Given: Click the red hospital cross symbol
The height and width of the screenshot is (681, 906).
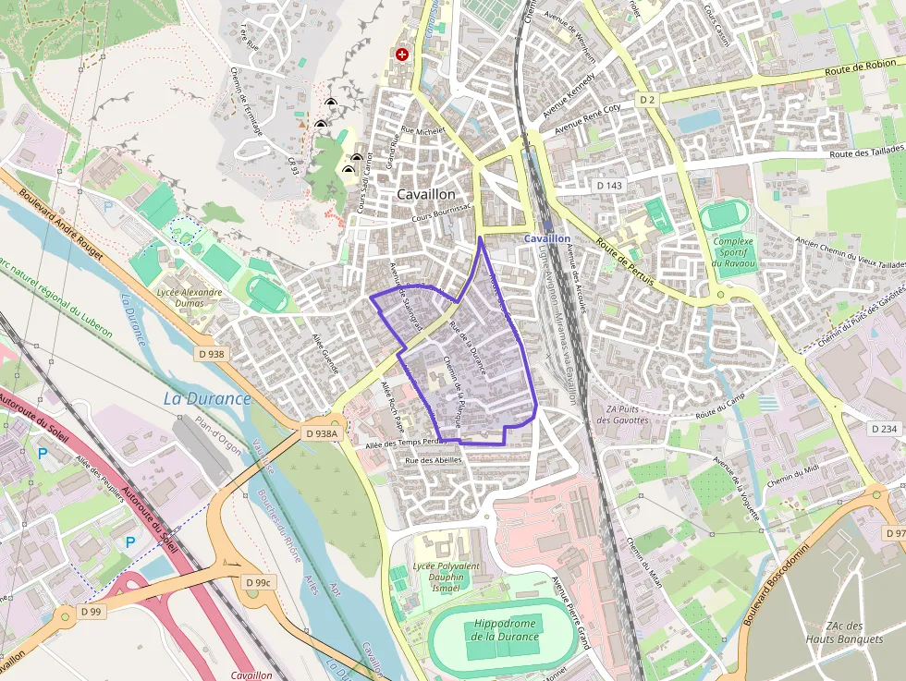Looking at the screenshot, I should [x=402, y=55].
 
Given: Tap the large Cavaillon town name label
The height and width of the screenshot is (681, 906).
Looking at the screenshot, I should [x=426, y=195].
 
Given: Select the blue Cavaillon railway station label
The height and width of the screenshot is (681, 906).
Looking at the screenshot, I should [x=547, y=238].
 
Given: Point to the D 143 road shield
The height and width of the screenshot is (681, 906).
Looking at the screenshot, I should [x=610, y=186].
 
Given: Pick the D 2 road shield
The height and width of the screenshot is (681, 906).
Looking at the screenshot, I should [x=646, y=98].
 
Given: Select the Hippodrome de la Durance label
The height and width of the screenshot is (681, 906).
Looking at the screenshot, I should [x=506, y=630].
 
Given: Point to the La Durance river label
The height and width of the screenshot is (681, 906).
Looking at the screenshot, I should [x=207, y=399].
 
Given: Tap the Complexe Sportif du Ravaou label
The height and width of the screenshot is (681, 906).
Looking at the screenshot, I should [x=733, y=252].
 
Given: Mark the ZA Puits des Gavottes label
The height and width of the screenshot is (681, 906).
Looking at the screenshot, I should [x=622, y=415].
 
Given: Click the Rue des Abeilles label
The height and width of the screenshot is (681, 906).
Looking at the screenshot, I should [x=434, y=459].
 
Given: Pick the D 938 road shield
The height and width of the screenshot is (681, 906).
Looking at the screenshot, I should [x=211, y=353].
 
